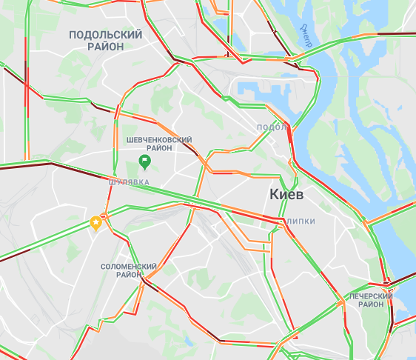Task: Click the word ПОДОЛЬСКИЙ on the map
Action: point(105,35)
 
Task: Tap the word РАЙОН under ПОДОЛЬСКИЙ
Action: point(105,46)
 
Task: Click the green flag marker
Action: point(145,161)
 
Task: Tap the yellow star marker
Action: point(95,222)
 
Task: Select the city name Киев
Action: point(286,193)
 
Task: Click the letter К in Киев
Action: point(272,193)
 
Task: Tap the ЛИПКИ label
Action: point(301,221)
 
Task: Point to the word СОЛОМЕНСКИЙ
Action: point(129,266)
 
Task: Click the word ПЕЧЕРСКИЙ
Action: point(371,296)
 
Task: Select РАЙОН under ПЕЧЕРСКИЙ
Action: point(371,304)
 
